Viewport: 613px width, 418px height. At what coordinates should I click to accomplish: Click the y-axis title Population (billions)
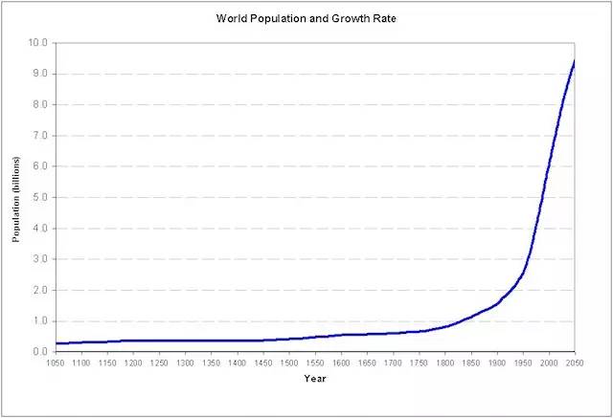point(16,197)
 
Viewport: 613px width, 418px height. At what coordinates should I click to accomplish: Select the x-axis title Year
point(315,380)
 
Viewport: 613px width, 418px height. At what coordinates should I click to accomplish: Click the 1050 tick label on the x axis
point(56,363)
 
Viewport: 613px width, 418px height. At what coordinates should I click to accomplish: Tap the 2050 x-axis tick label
point(575,363)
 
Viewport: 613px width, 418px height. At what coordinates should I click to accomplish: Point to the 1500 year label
point(289,363)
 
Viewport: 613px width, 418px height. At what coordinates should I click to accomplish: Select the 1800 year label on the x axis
point(444,363)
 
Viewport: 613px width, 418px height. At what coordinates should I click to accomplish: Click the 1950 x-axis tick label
point(523,363)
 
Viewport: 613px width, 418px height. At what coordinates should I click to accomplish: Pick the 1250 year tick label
point(159,363)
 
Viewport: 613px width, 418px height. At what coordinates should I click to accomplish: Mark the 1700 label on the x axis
point(393,363)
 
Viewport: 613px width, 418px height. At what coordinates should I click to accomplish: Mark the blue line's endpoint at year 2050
point(574,60)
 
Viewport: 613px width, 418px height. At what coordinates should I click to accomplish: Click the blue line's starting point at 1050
point(56,343)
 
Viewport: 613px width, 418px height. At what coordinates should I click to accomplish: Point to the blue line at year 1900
point(496,303)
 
